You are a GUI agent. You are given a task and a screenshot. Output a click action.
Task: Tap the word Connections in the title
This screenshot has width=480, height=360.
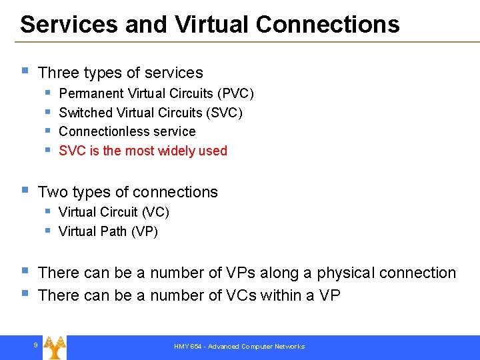coord(327,25)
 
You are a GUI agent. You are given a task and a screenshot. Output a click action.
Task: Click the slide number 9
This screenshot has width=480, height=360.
coord(35,345)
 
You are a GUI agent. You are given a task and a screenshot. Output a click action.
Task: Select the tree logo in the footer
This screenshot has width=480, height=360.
coord(54,347)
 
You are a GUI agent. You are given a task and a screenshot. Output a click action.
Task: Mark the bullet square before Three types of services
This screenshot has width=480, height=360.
coord(24,71)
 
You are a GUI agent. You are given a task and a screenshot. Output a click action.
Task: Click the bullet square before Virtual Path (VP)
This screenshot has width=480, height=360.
coord(48,231)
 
